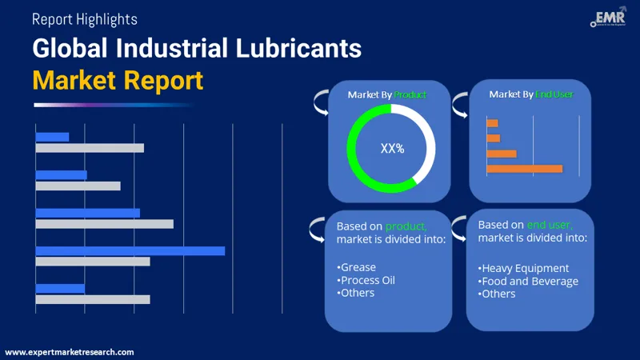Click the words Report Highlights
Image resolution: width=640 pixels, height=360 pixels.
coord(85,19)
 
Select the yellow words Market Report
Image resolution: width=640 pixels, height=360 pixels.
coord(118,80)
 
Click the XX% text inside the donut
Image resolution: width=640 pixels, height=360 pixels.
coord(392,148)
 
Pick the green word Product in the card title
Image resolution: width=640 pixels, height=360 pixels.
coord(410,94)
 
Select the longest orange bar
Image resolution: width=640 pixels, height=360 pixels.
coord(524,168)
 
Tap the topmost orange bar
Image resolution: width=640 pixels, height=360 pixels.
coord(492,122)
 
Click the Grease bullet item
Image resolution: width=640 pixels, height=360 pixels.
coord(357,267)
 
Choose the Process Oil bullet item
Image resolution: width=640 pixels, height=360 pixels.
coord(366,280)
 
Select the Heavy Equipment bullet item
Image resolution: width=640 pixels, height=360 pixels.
coord(524,268)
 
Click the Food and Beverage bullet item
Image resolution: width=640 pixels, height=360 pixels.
coord(528,281)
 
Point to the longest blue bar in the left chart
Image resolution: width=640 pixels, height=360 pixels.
coord(130,250)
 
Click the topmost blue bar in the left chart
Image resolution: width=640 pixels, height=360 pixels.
coord(53,137)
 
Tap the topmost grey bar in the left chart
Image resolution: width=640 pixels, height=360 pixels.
coord(90,148)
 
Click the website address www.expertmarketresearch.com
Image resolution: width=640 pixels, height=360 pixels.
coord(70,352)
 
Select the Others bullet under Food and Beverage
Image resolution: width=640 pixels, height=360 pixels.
coord(498,294)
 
